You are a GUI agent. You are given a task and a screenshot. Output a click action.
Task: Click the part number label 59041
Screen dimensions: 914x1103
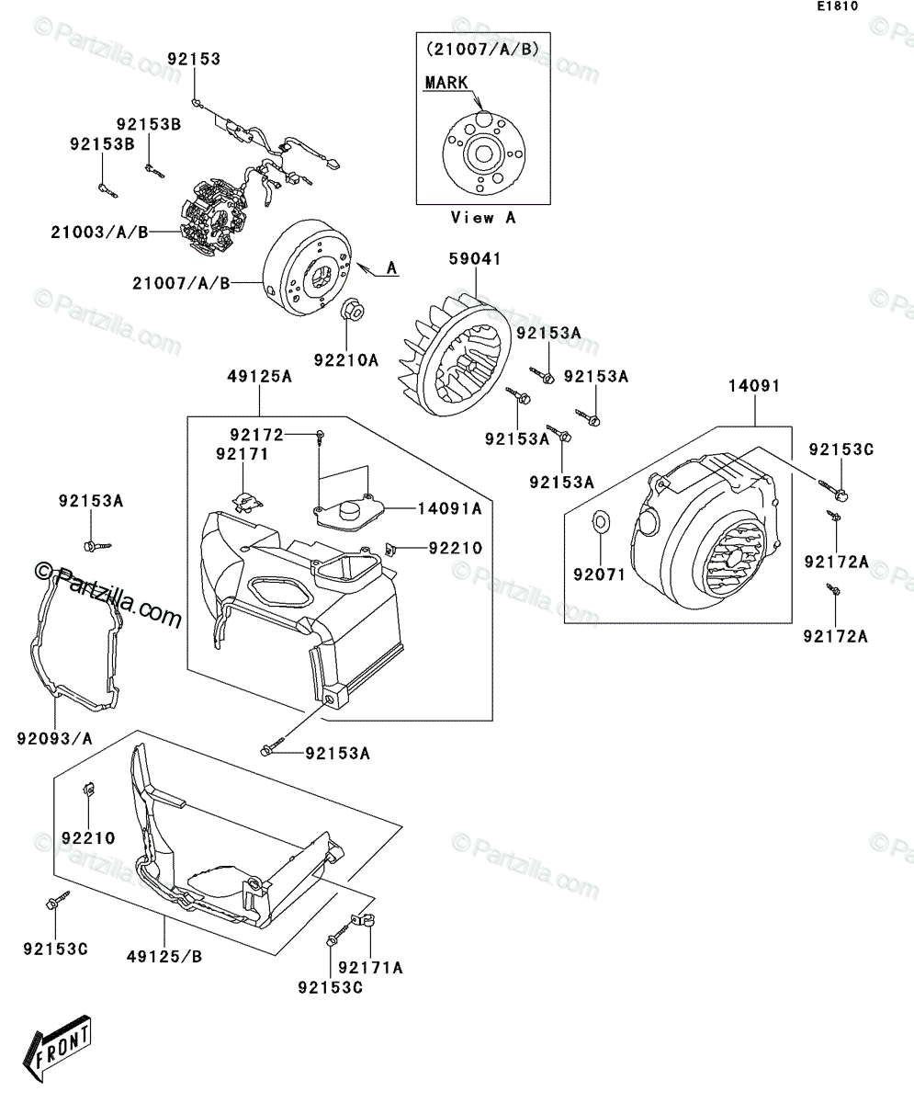coord(475,259)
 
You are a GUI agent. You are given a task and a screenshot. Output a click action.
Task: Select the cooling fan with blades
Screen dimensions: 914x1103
coord(455,356)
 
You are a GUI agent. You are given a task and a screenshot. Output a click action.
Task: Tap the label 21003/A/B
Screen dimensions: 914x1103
coord(99,232)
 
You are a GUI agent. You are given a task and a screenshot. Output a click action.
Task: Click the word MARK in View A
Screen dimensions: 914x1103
coord(446,83)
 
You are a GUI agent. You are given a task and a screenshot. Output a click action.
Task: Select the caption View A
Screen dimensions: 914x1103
coord(482,218)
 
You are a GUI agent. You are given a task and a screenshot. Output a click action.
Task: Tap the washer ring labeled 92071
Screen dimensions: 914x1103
coord(602,522)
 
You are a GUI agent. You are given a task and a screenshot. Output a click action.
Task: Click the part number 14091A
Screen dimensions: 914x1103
coord(449,508)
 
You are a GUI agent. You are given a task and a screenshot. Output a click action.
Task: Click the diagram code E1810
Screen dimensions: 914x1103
coord(838,6)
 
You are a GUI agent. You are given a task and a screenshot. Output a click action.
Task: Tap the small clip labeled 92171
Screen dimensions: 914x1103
coord(246,501)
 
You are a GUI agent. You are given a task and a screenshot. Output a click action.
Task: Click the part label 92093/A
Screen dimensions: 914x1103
coord(54,738)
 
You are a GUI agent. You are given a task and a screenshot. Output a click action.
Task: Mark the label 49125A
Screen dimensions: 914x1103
coord(259,377)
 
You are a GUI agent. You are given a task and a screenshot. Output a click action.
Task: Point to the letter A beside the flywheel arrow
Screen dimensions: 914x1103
coord(391,267)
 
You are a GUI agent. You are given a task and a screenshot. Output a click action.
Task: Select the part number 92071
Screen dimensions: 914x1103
coord(599,574)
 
